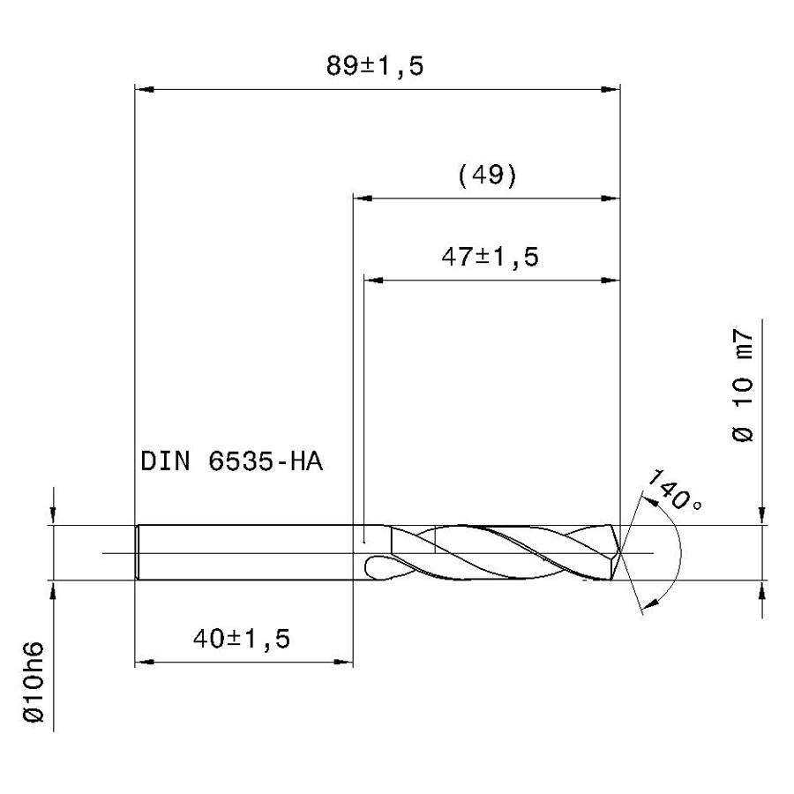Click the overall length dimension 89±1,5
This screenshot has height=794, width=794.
[375, 66]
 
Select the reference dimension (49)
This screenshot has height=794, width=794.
[487, 176]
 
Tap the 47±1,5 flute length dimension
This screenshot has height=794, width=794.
[490, 257]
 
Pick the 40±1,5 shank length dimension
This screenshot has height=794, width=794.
[242, 639]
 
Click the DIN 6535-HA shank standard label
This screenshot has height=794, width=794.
[231, 461]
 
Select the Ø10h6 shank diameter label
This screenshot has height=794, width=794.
[34, 682]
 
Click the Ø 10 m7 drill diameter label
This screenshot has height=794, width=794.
[743, 386]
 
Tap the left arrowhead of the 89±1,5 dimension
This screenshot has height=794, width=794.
[144, 90]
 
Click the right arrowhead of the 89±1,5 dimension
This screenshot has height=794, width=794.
[610, 90]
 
